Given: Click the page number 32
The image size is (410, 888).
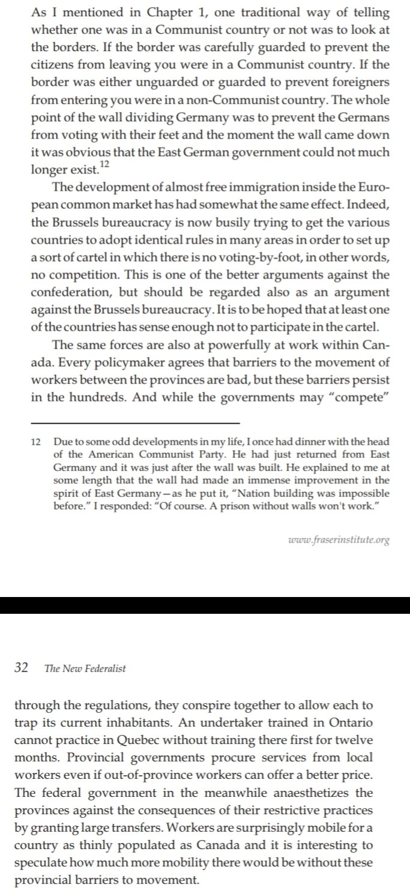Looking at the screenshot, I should pyautogui.click(x=22, y=668).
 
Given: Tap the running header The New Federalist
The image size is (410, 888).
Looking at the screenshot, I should pyautogui.click(x=85, y=669).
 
